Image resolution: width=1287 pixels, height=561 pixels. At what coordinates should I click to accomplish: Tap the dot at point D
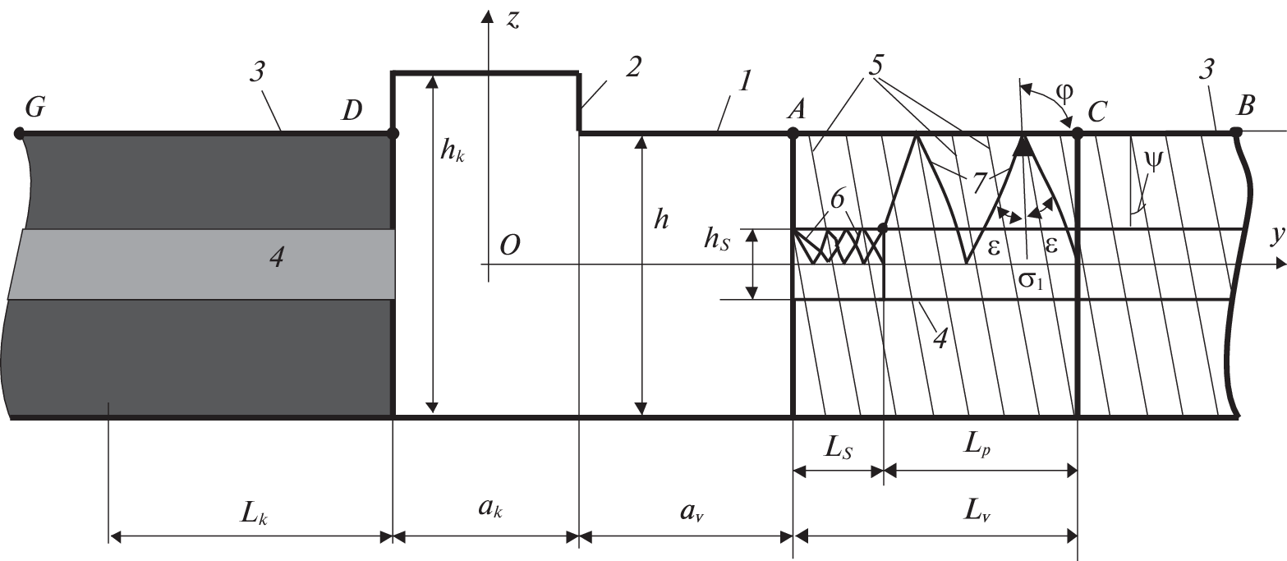[393, 132]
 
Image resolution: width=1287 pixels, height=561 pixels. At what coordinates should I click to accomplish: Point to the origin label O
[509, 246]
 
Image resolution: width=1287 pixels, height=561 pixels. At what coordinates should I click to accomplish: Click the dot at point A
[793, 132]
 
